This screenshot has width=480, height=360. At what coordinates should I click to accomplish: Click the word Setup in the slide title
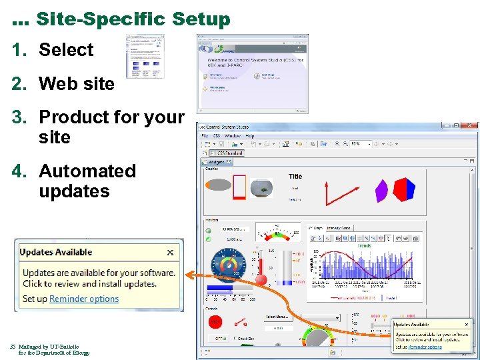(x=200, y=19)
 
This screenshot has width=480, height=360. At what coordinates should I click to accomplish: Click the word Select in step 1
(x=66, y=49)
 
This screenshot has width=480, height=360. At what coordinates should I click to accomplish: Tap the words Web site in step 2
(x=76, y=83)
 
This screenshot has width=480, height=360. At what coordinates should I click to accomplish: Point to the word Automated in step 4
(x=87, y=171)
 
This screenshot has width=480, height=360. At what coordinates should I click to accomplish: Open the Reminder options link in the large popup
(x=84, y=299)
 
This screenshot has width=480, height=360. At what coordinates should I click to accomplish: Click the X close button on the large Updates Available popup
(x=170, y=252)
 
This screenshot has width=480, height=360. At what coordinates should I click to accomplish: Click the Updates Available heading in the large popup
(x=56, y=252)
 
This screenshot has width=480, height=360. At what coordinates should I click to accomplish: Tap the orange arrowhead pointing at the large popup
(x=189, y=273)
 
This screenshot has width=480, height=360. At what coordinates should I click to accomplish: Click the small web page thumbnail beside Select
(x=145, y=57)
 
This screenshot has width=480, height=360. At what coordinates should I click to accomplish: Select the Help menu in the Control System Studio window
(x=250, y=135)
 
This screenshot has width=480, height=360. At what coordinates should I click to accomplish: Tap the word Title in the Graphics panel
(x=295, y=176)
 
